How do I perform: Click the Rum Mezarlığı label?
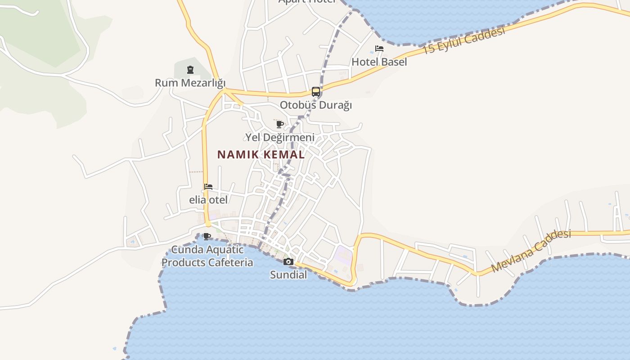[x=190, y=83]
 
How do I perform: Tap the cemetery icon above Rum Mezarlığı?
[x=190, y=70]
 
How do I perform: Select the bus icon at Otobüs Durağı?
[x=316, y=92]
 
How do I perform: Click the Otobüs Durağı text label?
[x=316, y=105]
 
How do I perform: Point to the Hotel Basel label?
[x=379, y=62]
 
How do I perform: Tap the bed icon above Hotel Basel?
[x=379, y=49]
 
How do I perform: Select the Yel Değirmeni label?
[x=279, y=137]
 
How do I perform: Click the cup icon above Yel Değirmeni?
[x=279, y=124]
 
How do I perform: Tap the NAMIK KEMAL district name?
[x=261, y=154]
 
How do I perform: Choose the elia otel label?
[x=208, y=200]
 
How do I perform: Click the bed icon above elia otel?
[x=208, y=187]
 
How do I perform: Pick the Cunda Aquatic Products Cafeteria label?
[x=207, y=256]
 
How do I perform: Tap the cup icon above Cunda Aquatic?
[x=207, y=236]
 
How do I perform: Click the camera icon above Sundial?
[x=288, y=261]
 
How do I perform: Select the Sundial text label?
[x=288, y=274]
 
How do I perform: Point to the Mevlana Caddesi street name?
[x=531, y=251]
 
